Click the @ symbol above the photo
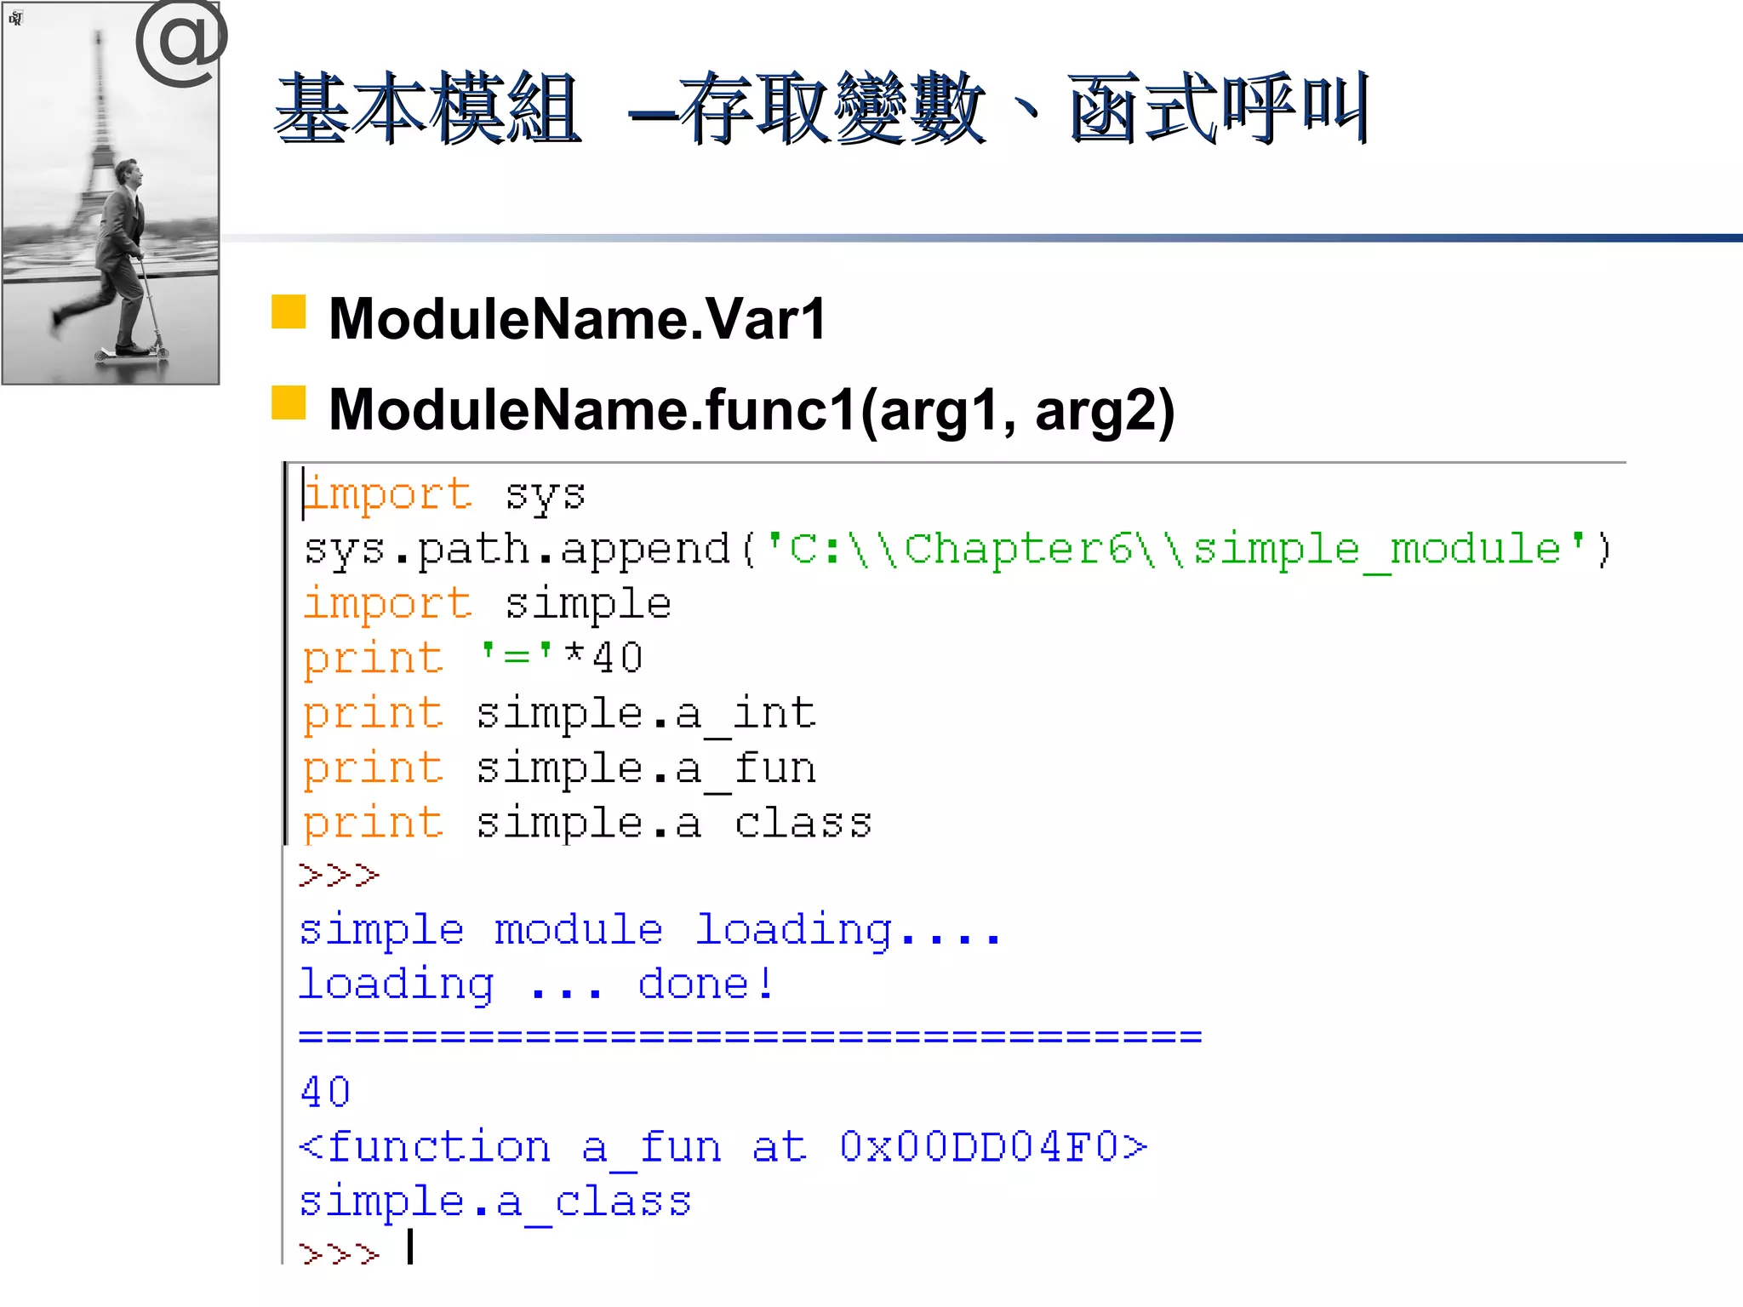tap(181, 43)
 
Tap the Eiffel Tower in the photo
tap(100, 128)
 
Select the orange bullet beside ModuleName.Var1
tap(289, 312)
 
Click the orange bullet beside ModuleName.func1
tap(289, 402)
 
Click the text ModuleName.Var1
tap(577, 319)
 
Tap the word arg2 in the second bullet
tap(1105, 410)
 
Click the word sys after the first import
tap(545, 494)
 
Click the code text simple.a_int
tap(645, 713)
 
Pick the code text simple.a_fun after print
tap(645, 768)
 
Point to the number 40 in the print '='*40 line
tap(617, 658)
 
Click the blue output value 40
tap(325, 1092)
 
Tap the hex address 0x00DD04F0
tap(992, 1146)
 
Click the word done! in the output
tap(706, 985)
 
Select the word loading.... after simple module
tap(848, 930)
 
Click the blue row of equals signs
tap(750, 1036)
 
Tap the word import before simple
tap(387, 604)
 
